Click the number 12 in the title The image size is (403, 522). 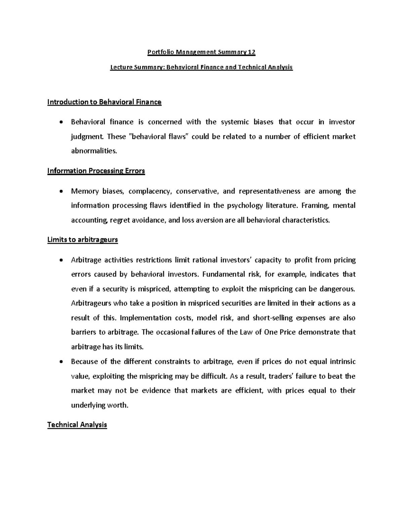tap(252, 52)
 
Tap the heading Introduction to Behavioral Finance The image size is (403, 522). tap(104, 102)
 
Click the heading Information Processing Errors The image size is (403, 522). tap(96, 171)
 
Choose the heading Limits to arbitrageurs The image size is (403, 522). tap(83, 240)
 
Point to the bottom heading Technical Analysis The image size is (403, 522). tap(77, 425)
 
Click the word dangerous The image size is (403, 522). tap(337, 289)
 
